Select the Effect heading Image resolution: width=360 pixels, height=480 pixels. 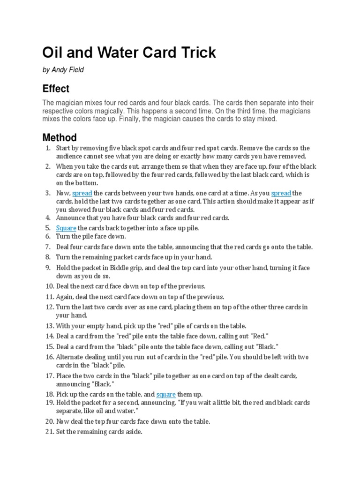coord(56,89)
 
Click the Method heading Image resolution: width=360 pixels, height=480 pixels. coord(60,137)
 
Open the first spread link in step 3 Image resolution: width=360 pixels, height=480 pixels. coord(82,193)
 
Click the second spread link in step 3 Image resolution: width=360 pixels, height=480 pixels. coord(281,193)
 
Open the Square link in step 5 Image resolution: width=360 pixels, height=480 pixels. coord(66,228)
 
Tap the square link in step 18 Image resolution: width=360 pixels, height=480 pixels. coord(166,394)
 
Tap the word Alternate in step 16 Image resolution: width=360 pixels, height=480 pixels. coord(70,357)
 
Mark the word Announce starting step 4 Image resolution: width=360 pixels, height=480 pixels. coord(71,218)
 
